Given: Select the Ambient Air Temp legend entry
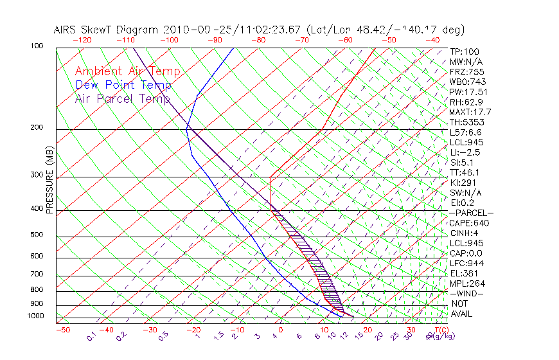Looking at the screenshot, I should [x=127, y=71].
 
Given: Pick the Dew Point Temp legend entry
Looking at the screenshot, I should [x=123, y=85].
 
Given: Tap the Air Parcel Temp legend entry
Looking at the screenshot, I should [x=122, y=98].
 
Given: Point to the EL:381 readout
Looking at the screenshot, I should [x=464, y=273].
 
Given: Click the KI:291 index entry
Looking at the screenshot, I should [x=464, y=183].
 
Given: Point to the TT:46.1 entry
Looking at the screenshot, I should [x=465, y=172].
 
